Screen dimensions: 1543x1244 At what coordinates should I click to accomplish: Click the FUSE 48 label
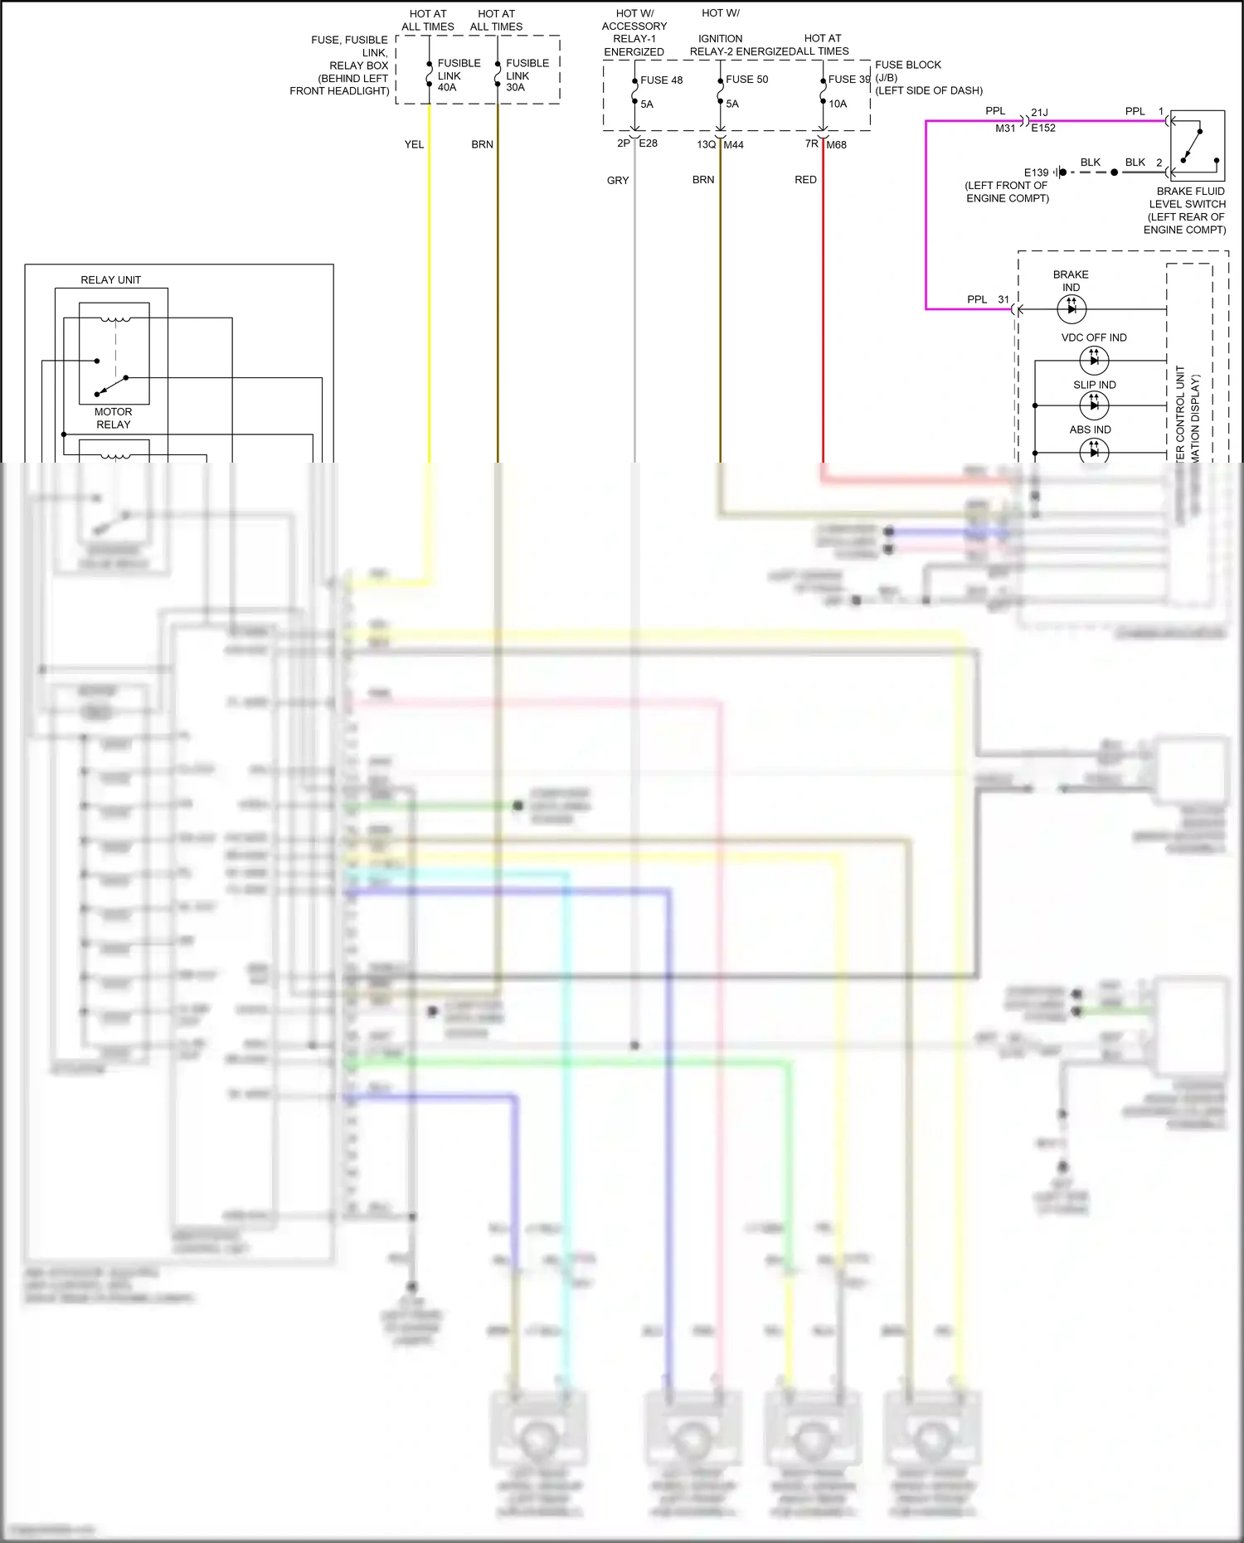[x=661, y=80]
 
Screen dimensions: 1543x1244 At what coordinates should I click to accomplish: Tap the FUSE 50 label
[x=746, y=80]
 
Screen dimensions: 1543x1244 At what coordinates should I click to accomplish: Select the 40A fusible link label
[x=447, y=87]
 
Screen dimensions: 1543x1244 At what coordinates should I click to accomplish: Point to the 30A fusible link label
[x=515, y=87]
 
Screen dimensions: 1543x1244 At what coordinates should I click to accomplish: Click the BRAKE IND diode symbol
[x=1071, y=309]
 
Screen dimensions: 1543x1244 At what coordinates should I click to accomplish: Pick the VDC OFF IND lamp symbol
[x=1094, y=360]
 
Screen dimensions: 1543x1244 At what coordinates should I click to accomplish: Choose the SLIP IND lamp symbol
[x=1094, y=405]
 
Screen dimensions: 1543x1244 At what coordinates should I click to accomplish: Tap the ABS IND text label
[x=1090, y=429]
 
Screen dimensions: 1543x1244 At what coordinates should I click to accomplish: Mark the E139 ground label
[x=1036, y=172]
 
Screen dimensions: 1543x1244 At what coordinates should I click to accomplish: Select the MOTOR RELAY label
[x=114, y=418]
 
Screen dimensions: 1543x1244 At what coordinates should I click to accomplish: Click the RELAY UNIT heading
[x=110, y=280]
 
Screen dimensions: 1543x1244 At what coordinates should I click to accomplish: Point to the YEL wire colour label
[x=414, y=144]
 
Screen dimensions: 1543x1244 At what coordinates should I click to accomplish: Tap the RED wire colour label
[x=805, y=179]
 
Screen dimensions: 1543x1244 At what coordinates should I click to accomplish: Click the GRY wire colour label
[x=618, y=180]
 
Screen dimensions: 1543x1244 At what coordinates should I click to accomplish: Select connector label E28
[x=648, y=143]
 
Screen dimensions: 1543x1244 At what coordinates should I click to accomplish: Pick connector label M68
[x=836, y=144]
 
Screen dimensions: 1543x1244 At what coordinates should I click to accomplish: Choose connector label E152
[x=1043, y=128]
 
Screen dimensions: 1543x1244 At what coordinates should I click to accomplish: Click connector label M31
[x=1005, y=128]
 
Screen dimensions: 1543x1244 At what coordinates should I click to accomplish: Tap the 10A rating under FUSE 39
[x=838, y=104]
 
